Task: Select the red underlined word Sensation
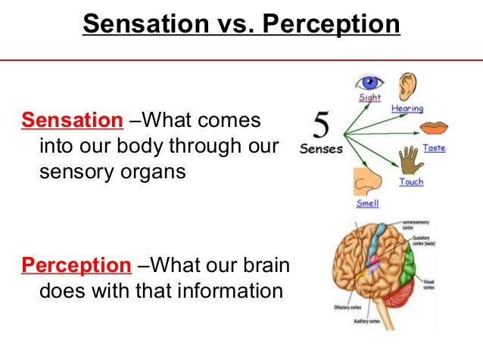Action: pos(70,121)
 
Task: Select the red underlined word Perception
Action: pos(75,265)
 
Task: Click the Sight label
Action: pos(370,98)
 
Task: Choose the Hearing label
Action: pos(407,109)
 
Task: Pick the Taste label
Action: pos(433,148)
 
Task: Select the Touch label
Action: pos(410,182)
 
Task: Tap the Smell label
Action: pos(367,203)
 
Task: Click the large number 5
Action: pos(319,122)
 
